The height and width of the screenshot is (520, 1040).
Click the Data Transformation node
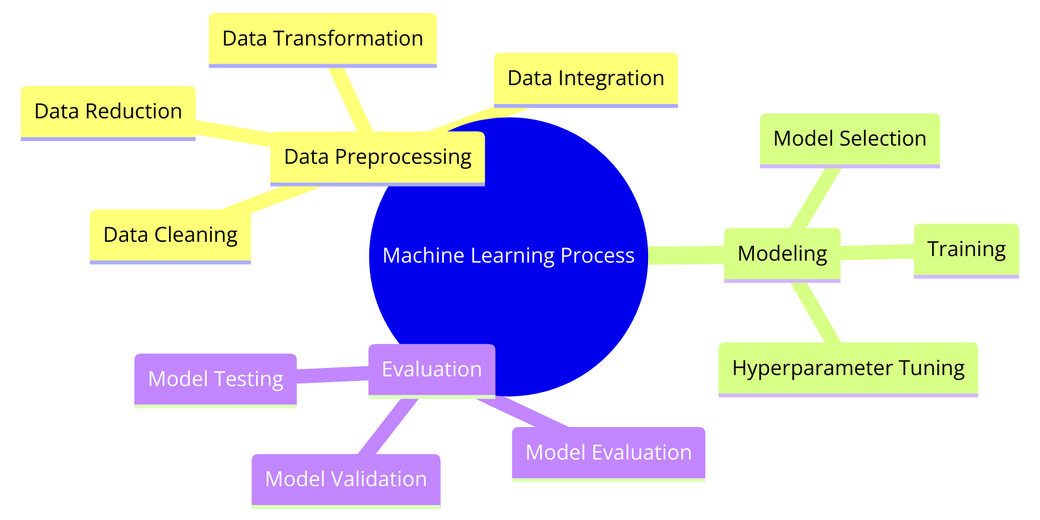pyautogui.click(x=322, y=39)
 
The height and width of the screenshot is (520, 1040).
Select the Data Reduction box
pyautogui.click(x=108, y=112)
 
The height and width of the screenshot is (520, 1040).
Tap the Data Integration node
pyautogui.click(x=586, y=79)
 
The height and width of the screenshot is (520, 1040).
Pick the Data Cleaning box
pyautogui.click(x=170, y=235)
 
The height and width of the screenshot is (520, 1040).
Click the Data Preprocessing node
pyautogui.click(x=378, y=157)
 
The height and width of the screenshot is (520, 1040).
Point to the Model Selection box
pyautogui.click(x=850, y=139)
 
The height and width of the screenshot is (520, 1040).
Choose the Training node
pyautogui.click(x=966, y=250)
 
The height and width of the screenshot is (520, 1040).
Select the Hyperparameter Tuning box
pyautogui.click(x=848, y=369)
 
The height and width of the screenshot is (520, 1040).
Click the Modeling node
pyautogui.click(x=782, y=253)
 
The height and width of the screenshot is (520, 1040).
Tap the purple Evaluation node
pyautogui.click(x=432, y=369)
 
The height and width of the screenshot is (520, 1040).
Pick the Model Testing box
pyautogui.click(x=215, y=379)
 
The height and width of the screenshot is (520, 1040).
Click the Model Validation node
pyautogui.click(x=346, y=480)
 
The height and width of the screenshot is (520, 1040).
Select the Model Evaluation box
pyautogui.click(x=608, y=453)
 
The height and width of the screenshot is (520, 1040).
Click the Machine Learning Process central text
pyautogui.click(x=508, y=256)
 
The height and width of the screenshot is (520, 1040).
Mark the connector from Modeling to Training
pyautogui.click(x=877, y=252)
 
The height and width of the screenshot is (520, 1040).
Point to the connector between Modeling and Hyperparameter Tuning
pyautogui.click(x=815, y=312)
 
